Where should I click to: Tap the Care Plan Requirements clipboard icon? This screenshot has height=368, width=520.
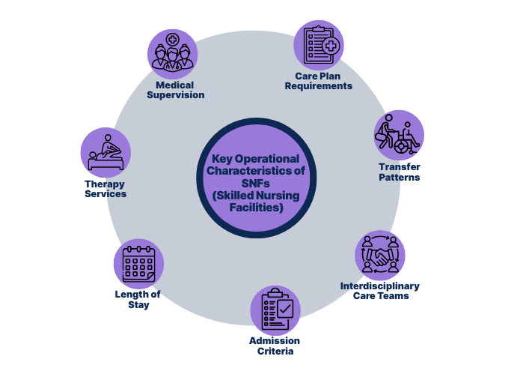(x=319, y=45)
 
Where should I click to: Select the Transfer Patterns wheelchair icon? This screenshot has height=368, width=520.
(x=399, y=136)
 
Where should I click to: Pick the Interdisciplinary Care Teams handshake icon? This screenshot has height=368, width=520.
(x=380, y=255)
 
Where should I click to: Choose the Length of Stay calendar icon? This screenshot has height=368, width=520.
(x=138, y=264)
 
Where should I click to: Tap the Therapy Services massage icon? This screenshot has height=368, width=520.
(x=105, y=153)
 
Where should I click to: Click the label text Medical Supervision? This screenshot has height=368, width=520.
(x=175, y=90)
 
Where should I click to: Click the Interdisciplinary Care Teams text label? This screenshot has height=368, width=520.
(x=379, y=291)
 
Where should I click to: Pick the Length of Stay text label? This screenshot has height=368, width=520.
(x=138, y=299)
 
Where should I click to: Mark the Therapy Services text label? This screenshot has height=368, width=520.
(x=105, y=188)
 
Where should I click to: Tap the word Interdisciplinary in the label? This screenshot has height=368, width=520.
(x=379, y=286)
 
